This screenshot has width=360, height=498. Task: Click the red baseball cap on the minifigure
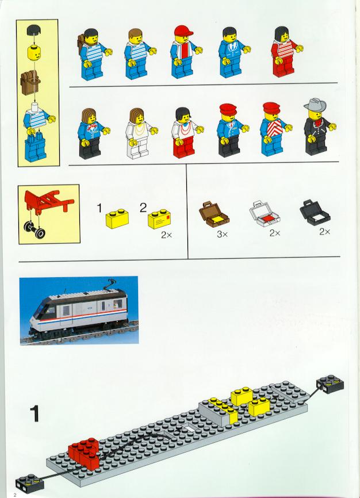point(183,31)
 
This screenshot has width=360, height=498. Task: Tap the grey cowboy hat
point(315,105)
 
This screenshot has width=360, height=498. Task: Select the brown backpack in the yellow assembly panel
point(30,82)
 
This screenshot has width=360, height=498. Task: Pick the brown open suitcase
point(214,214)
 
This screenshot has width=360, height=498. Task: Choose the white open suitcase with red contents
point(265,214)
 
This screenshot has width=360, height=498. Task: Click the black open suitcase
point(315,213)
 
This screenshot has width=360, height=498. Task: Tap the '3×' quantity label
point(223,235)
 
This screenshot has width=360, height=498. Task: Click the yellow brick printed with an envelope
point(159,219)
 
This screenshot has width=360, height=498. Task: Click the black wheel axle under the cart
point(35,229)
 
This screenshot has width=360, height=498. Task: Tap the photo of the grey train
point(79,311)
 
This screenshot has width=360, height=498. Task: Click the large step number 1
point(35,413)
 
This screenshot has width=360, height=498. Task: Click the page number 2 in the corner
point(14,495)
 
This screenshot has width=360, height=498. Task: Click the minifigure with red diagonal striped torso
point(274,129)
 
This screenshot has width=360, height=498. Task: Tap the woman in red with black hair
point(286,51)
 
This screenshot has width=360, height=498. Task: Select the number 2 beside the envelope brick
point(143,208)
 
